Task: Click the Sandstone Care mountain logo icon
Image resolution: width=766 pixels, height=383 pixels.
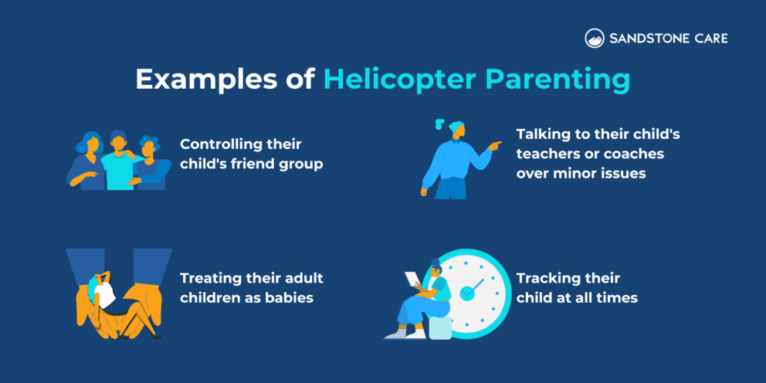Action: coord(595,38)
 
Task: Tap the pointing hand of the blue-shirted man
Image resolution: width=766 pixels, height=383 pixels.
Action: coord(494,144)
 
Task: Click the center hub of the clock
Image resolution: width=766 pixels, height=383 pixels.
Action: coord(466,293)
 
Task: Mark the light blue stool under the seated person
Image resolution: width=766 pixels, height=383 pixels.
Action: coord(440,327)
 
